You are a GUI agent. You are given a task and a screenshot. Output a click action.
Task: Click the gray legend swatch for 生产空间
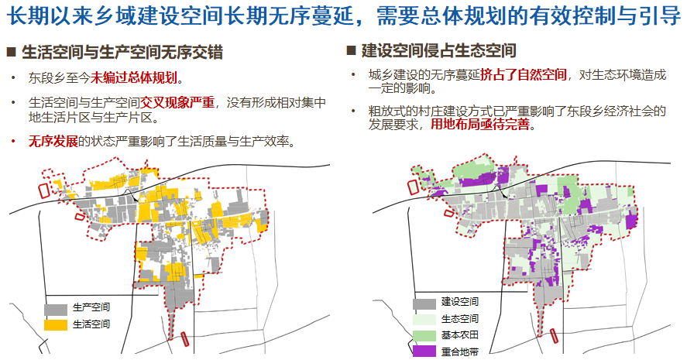[x=55, y=308]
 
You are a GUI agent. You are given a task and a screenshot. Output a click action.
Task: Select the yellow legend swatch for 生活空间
[x=55, y=324]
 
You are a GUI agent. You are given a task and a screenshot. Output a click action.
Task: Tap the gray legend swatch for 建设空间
[x=424, y=302]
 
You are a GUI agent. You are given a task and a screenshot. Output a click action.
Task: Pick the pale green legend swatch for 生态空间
[x=424, y=318]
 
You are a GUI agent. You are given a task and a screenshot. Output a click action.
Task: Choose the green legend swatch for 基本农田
[x=424, y=334]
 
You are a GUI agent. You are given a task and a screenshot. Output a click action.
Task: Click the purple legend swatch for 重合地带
[x=424, y=351]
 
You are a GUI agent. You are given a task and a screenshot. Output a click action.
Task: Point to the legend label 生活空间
[x=91, y=324]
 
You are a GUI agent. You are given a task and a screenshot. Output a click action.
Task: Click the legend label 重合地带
[x=460, y=351]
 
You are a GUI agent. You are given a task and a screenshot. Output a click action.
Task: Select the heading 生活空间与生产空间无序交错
[x=122, y=53]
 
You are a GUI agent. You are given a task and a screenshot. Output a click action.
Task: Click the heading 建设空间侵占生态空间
[x=438, y=51]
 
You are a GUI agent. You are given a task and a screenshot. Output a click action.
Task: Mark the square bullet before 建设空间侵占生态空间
[x=350, y=51]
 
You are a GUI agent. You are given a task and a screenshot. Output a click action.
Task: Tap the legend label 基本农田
[x=460, y=334]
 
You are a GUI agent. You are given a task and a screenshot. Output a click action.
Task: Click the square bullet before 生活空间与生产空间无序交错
[x=12, y=53]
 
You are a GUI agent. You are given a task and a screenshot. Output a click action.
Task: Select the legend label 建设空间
[x=460, y=302]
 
